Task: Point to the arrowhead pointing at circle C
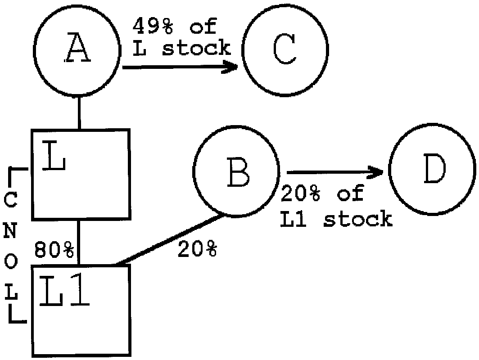click(232, 67)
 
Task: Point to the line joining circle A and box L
click(79, 113)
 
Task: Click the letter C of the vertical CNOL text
click(13, 202)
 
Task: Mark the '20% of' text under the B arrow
click(322, 193)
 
